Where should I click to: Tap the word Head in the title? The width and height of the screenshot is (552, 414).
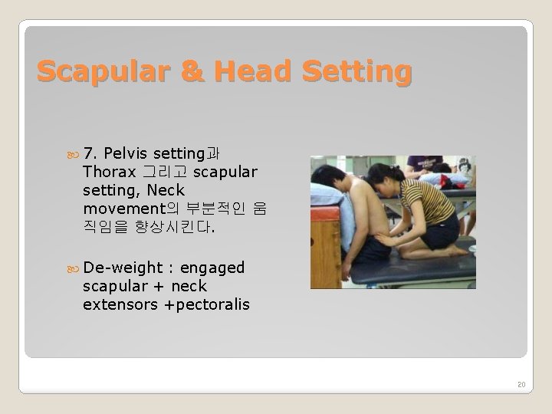coord(239,71)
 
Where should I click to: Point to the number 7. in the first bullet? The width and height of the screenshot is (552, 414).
coord(90,151)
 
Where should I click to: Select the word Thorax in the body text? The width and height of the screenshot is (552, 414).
coord(106,169)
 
